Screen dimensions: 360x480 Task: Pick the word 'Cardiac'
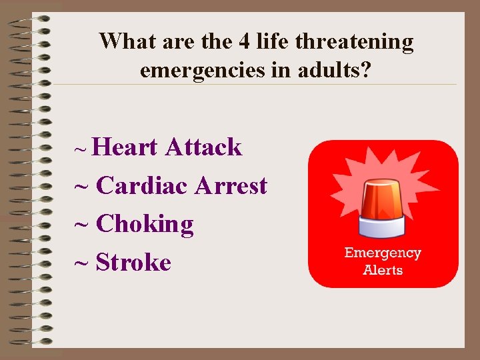click(x=142, y=185)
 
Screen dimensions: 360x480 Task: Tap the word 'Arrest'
click(x=231, y=185)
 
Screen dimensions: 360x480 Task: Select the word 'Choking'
click(x=145, y=224)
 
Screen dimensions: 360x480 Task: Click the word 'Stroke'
click(x=133, y=263)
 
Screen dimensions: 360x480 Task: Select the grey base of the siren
click(x=383, y=227)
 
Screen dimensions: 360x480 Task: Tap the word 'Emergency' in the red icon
click(x=383, y=253)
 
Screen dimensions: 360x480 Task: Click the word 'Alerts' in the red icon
click(x=383, y=270)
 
